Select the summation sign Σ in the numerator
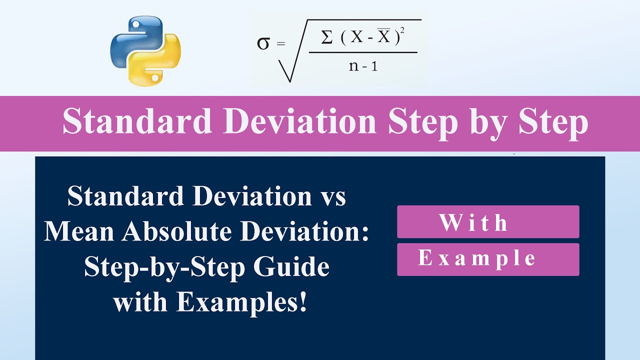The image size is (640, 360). (x=327, y=37)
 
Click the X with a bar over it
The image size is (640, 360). (x=383, y=37)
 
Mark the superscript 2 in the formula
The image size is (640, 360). (x=402, y=31)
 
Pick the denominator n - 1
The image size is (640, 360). (x=363, y=65)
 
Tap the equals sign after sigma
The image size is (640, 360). (x=280, y=44)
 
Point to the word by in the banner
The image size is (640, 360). (x=487, y=122)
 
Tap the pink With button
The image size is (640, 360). (x=487, y=222)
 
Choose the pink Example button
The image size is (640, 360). (x=487, y=259)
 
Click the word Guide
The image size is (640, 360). (x=292, y=267)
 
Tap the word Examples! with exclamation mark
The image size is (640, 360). (x=241, y=303)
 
